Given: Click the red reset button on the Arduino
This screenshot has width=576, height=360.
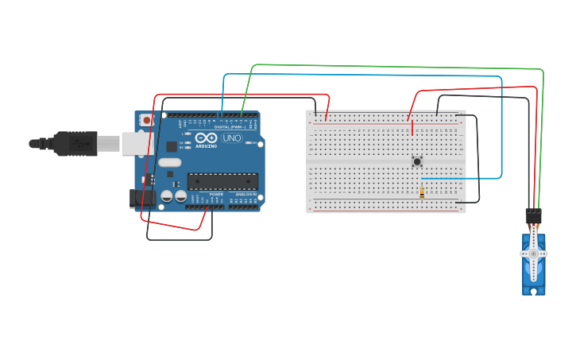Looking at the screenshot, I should [146, 120].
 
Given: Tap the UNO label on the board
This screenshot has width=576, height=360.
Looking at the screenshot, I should [231, 137].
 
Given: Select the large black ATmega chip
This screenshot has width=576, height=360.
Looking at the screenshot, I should [222, 182].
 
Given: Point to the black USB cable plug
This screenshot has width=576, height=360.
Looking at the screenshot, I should [75, 144].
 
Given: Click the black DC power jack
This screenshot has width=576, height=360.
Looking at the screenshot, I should [141, 198].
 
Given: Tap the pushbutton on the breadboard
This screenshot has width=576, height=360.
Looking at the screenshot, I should [417, 161].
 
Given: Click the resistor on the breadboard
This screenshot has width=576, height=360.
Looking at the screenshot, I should [421, 191].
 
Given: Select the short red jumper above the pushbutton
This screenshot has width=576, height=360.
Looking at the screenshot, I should [412, 128].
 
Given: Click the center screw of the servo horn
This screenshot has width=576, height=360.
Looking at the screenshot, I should [533, 254].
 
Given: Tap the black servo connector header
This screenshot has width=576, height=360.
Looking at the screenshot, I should [533, 215].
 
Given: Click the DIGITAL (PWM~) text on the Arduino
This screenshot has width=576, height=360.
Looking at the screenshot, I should [231, 126].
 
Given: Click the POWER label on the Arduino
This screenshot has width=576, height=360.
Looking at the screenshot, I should [216, 194].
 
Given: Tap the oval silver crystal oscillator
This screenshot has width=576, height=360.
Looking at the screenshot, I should [169, 163].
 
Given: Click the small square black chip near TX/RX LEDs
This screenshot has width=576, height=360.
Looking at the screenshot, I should [171, 146].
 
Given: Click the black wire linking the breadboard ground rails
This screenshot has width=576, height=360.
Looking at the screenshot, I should [477, 159].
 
